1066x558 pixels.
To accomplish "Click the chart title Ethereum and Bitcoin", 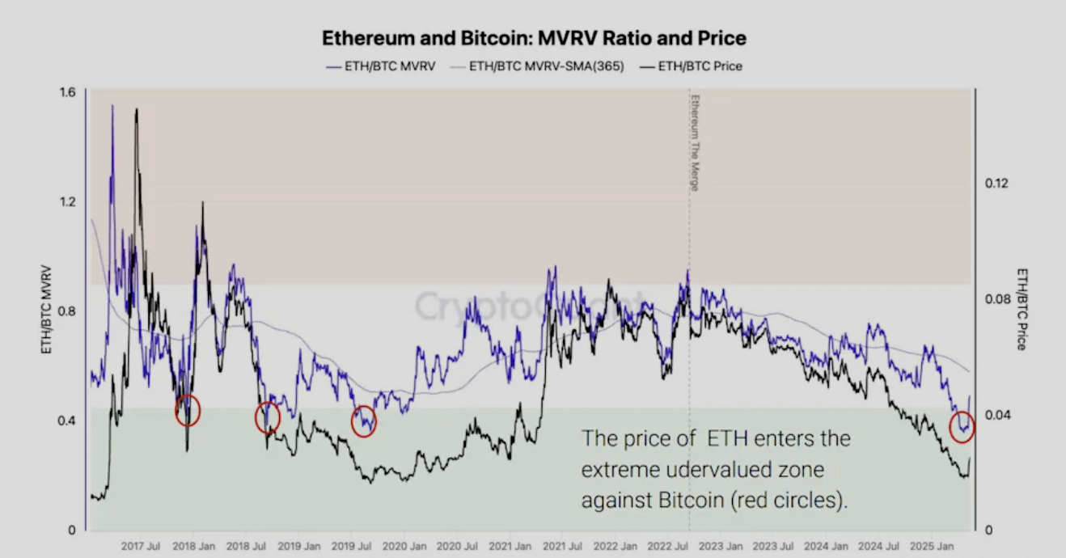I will tap(534, 38).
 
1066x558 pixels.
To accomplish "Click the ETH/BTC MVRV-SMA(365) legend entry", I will tap(546, 66).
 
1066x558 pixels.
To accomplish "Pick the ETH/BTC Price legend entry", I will tap(700, 66).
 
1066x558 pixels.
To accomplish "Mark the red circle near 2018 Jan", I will tap(188, 411).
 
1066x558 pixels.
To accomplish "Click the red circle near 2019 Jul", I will tap(364, 421).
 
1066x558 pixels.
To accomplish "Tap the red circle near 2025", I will tap(962, 427).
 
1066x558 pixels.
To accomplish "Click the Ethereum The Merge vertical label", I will tap(694, 142).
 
